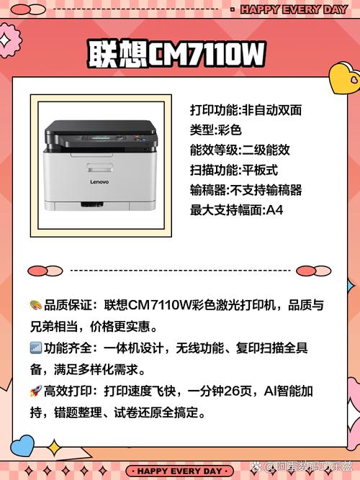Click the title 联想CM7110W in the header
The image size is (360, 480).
point(176,54)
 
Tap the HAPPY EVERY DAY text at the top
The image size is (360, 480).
point(293,9)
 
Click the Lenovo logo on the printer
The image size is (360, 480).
point(99,182)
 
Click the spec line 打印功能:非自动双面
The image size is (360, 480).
point(246,110)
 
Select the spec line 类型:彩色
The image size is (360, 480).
point(215,130)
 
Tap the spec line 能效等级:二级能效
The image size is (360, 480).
point(240,150)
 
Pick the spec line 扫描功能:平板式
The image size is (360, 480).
point(234,171)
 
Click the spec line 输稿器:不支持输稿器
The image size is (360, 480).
point(246,191)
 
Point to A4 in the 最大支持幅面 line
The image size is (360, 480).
point(274,211)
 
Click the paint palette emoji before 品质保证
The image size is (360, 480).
point(35,304)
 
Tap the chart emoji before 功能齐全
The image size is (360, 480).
point(35,348)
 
